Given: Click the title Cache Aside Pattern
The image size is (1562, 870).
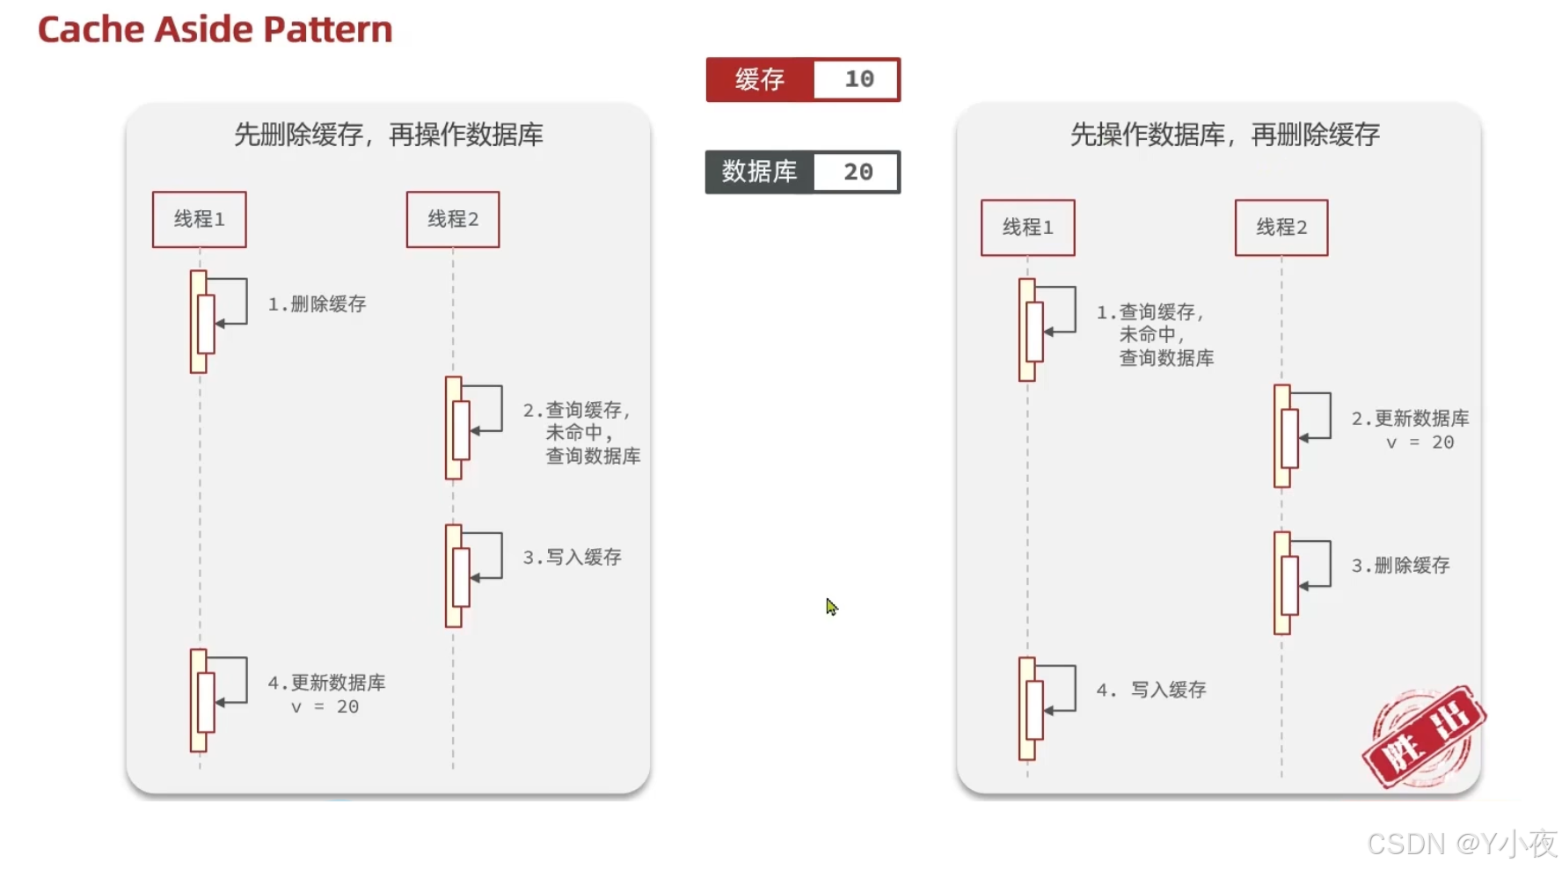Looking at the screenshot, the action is pos(215,30).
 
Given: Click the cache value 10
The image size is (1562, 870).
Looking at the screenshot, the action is pos(858,80).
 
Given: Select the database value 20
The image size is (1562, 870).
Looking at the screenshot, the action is pos(858,172).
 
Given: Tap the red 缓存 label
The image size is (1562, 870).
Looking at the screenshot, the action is pos(760,80).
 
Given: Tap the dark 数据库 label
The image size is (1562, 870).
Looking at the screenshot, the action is pos(759,172).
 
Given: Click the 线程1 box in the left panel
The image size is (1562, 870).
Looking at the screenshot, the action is pos(200,220).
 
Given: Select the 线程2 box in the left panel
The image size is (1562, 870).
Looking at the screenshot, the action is pos(453,220).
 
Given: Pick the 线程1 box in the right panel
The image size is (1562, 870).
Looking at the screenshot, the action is pos(1027,228).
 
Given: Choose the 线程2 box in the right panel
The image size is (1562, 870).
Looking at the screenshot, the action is pos(1281,228).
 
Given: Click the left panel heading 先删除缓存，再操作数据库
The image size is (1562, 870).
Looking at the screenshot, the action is pos(388,135).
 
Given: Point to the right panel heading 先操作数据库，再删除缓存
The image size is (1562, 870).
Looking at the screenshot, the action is pos(1224,135).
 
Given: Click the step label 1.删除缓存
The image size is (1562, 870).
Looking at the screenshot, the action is pos(317,304).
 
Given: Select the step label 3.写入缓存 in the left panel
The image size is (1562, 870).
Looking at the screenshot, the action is pos(572,558).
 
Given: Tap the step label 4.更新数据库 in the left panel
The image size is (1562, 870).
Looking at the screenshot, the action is pos(326,684).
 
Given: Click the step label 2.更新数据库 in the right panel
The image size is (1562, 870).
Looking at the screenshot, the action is pos(1410,419).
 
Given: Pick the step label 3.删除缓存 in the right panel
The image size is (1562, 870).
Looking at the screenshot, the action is pos(1400,566).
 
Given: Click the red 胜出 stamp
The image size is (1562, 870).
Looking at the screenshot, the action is pos(1423,737).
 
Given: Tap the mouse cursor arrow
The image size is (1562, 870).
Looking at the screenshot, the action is pos(831,607).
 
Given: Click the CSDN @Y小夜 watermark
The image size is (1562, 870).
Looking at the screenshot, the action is pos(1461,844).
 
